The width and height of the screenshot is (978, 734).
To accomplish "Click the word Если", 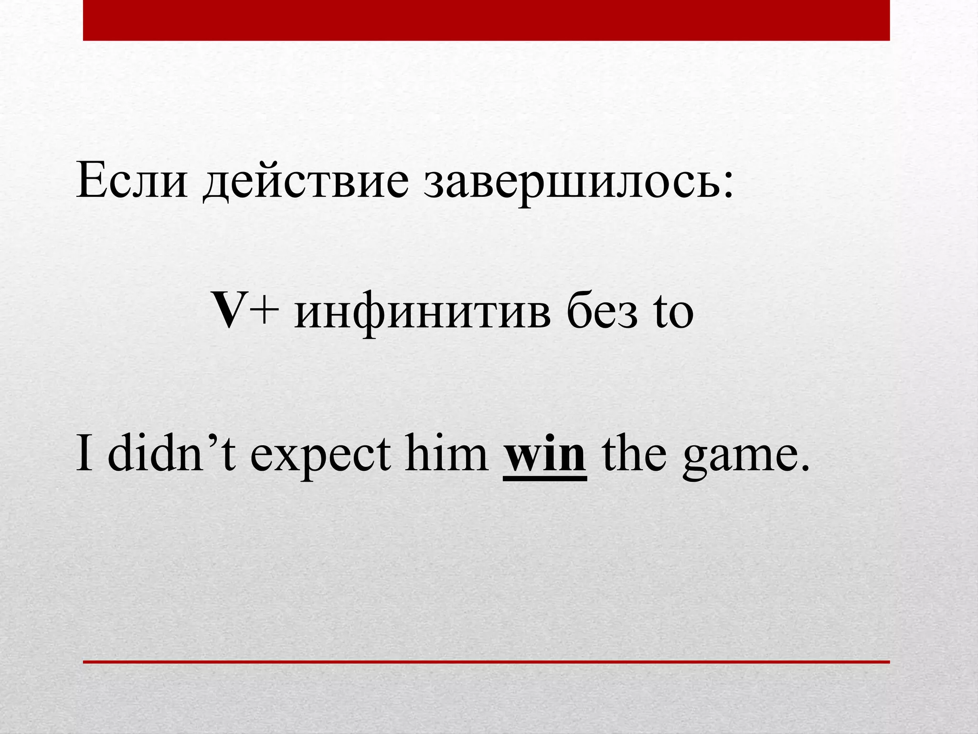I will pos(131,182).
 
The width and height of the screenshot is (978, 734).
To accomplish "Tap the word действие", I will pos(306,184).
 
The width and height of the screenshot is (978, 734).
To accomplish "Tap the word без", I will pos(602,313).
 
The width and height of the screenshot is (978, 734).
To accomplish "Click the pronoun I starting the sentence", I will pos(84,453).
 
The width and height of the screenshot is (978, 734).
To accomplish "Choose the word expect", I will pos(321,456).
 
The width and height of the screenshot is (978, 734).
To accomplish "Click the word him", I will pos(447,453).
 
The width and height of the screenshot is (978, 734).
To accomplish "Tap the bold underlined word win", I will pos(545,454).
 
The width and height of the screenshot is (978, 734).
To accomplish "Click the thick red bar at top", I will pos(486,20).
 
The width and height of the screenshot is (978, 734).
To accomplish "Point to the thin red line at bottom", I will pos(486,662).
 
